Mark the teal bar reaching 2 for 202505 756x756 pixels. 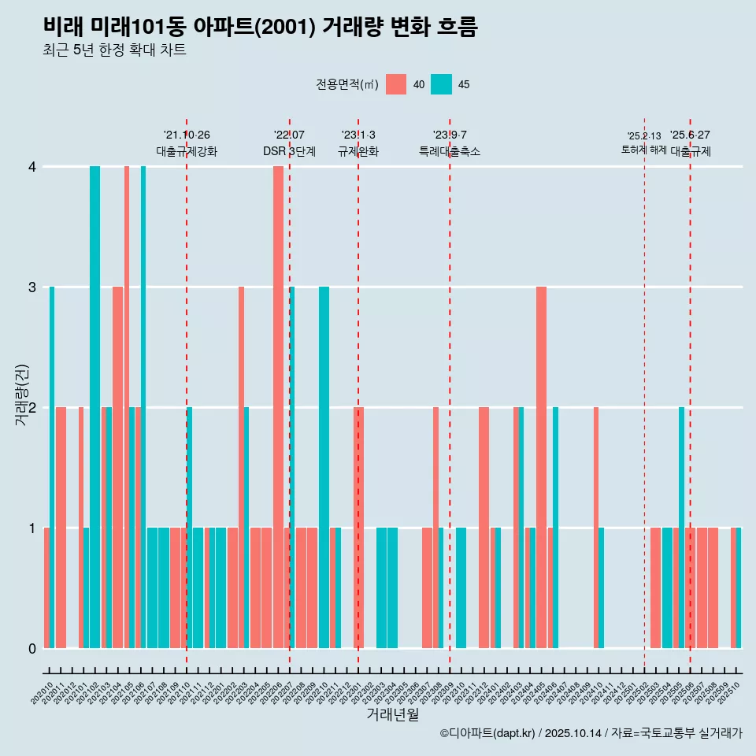(x=681, y=528)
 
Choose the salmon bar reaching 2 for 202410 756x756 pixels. (x=596, y=528)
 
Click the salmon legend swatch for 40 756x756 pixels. (x=396, y=84)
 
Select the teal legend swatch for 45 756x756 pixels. (x=441, y=84)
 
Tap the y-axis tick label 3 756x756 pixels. (x=32, y=287)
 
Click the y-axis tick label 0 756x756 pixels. (x=32, y=648)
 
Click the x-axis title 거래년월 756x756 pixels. (x=392, y=714)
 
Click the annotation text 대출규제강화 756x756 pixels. (x=187, y=151)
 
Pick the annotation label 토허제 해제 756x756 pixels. (x=643, y=149)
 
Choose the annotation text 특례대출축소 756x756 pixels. (x=450, y=151)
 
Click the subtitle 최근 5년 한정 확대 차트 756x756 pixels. (x=115, y=50)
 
